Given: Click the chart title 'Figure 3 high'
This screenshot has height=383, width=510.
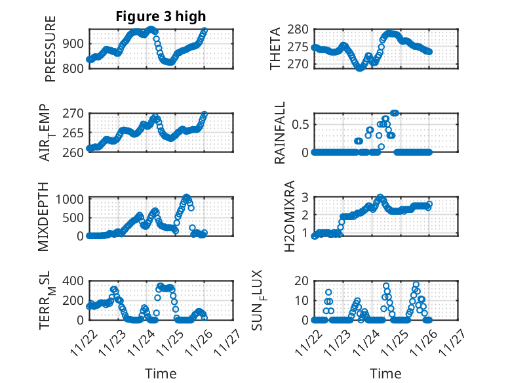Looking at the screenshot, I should (161, 16).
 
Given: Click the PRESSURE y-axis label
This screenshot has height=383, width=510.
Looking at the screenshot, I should (50, 49).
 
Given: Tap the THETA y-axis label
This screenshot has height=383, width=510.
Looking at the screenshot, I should (276, 49).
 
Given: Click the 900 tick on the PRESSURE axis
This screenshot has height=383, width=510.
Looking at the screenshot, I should (74, 43).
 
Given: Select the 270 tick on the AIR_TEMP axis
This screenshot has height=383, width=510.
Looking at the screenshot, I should (74, 113).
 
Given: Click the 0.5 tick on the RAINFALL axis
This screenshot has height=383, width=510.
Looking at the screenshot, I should (299, 124).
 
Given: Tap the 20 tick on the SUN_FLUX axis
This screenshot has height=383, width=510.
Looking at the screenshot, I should (302, 281).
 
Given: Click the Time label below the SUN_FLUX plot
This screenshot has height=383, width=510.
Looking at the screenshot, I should (385, 373).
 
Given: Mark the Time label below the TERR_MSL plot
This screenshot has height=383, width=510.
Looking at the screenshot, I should (161, 373).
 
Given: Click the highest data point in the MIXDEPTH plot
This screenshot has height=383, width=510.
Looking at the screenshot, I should (187, 197).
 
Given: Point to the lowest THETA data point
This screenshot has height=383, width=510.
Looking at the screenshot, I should (359, 68).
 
